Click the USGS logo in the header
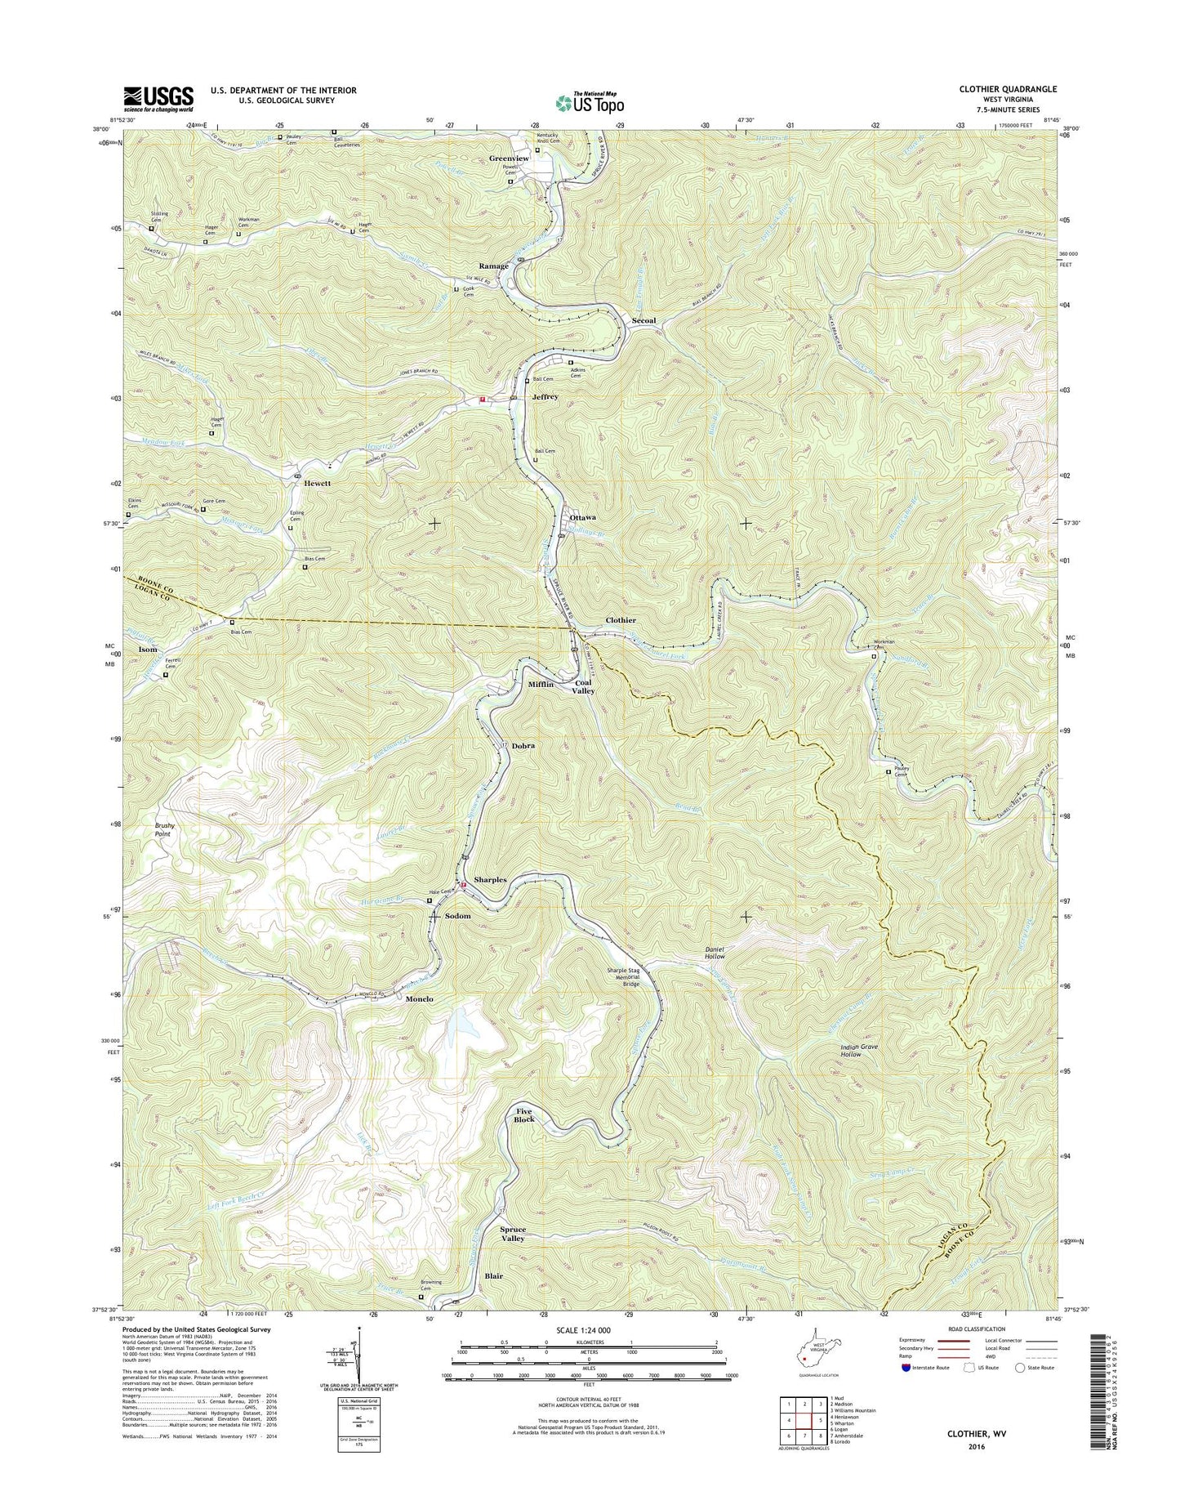(158, 98)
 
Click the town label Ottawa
(582, 517)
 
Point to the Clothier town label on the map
(621, 620)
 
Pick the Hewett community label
(318, 483)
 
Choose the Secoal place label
(643, 320)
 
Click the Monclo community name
(420, 998)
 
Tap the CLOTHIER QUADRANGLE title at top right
(1007, 89)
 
